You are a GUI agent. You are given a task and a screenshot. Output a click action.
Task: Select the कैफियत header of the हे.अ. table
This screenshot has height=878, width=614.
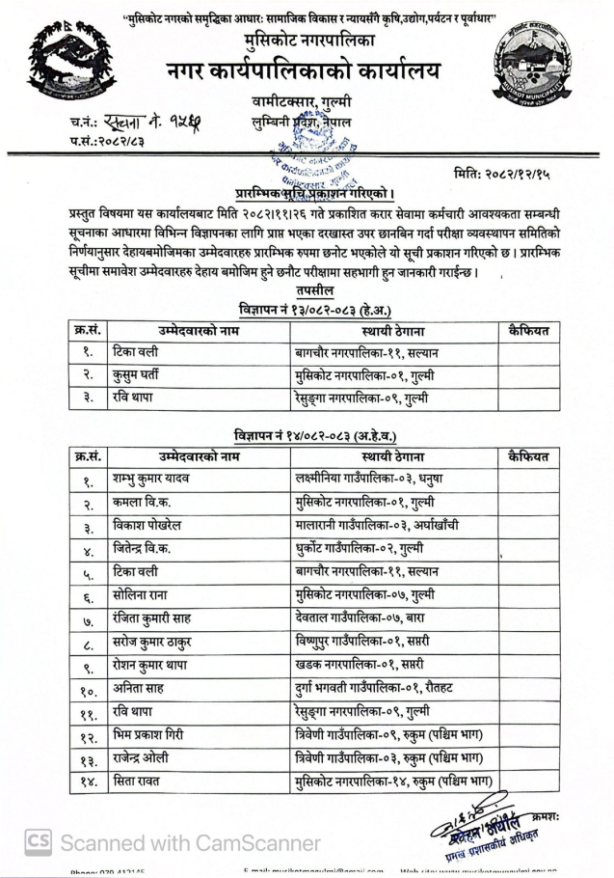[x=527, y=331]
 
